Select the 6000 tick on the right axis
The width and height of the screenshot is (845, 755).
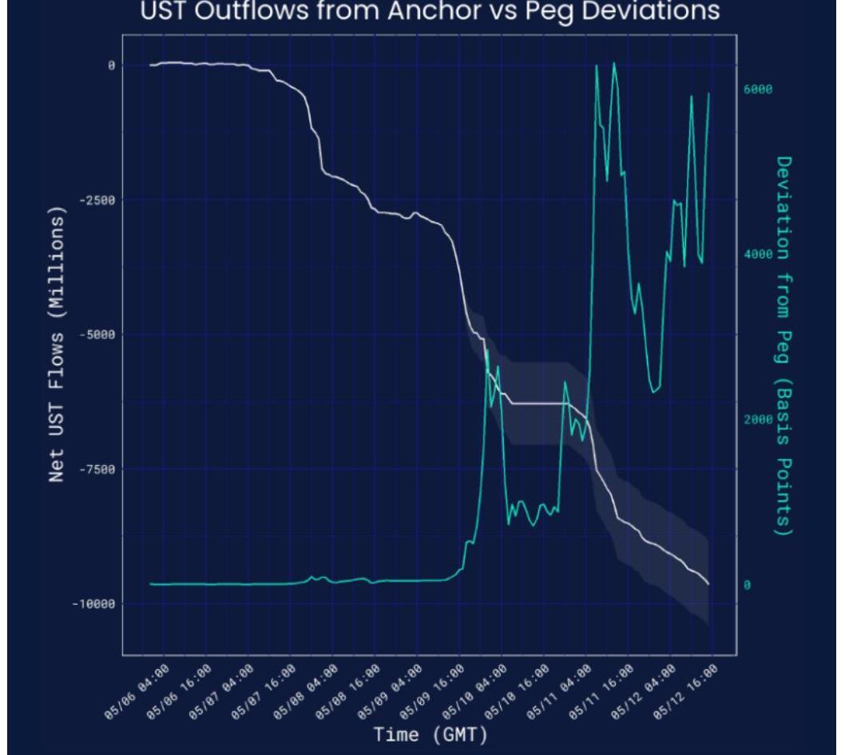758,89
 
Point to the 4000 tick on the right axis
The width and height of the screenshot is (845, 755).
758,255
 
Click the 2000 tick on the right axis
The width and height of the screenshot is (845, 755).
758,420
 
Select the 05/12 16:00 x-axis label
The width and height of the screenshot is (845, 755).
693,685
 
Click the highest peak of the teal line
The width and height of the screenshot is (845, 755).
613,63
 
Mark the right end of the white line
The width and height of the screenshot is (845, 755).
708,584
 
